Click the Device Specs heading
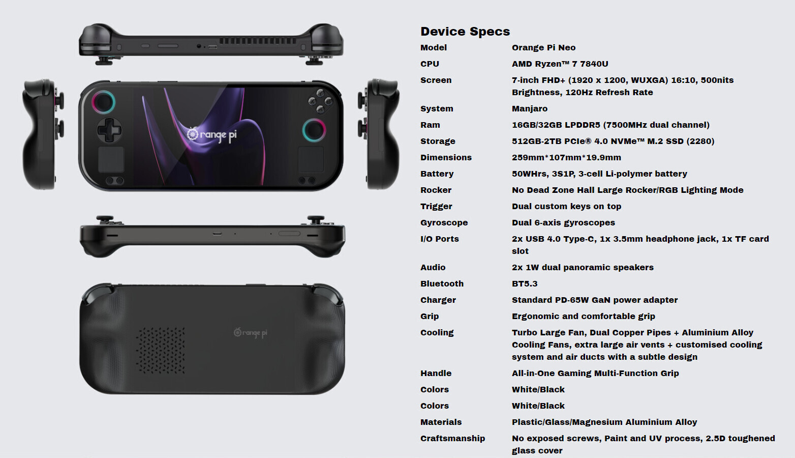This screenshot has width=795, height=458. tap(465, 32)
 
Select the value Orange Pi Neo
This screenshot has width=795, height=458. tap(543, 48)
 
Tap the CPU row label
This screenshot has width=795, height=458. tap(430, 64)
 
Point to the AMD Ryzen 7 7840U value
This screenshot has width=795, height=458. tap(560, 64)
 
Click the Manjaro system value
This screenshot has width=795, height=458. tap(530, 109)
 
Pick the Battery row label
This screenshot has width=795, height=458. tap(437, 174)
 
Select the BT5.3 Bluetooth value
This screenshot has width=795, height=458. tap(525, 283)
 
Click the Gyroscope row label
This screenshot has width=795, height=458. tap(444, 223)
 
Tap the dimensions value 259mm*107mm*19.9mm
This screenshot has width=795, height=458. tap(566, 157)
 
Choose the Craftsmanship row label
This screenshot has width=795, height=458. tap(452, 439)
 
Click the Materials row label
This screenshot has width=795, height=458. tap(441, 422)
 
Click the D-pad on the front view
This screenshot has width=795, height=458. tap(109, 130)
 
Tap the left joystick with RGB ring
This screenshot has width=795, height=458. tap(104, 102)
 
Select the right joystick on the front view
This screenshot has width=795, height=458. tap(314, 130)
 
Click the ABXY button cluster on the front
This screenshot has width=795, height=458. tap(320, 101)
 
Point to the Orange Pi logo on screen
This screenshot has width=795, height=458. tap(212, 134)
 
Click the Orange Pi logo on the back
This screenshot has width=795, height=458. tap(251, 333)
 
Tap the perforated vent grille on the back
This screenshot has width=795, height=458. tap(161, 350)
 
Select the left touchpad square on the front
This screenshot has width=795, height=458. tap(111, 159)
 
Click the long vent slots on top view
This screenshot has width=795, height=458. tap(258, 41)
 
